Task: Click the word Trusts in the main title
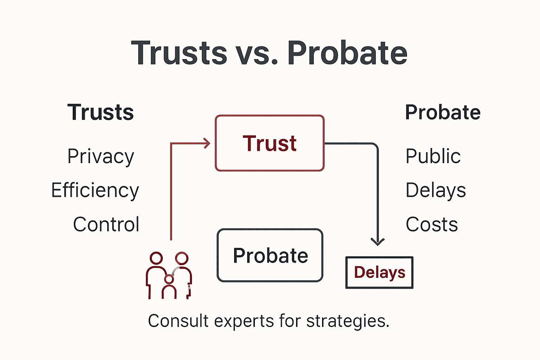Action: (179, 53)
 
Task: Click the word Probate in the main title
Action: (347, 53)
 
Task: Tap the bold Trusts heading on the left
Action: (101, 112)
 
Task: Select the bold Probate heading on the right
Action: (443, 112)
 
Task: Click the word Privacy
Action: (101, 156)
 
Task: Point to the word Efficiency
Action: (95, 191)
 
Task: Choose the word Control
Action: (106, 224)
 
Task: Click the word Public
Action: (433, 156)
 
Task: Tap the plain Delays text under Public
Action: (436, 191)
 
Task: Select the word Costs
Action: (432, 224)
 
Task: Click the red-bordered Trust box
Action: (270, 143)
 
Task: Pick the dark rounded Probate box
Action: (270, 255)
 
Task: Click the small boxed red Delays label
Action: (379, 272)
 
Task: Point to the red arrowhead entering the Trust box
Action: (207, 143)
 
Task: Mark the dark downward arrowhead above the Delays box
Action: (378, 242)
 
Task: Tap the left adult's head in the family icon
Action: (156, 258)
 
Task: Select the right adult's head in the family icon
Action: (182, 258)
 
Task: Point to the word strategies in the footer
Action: (347, 321)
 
